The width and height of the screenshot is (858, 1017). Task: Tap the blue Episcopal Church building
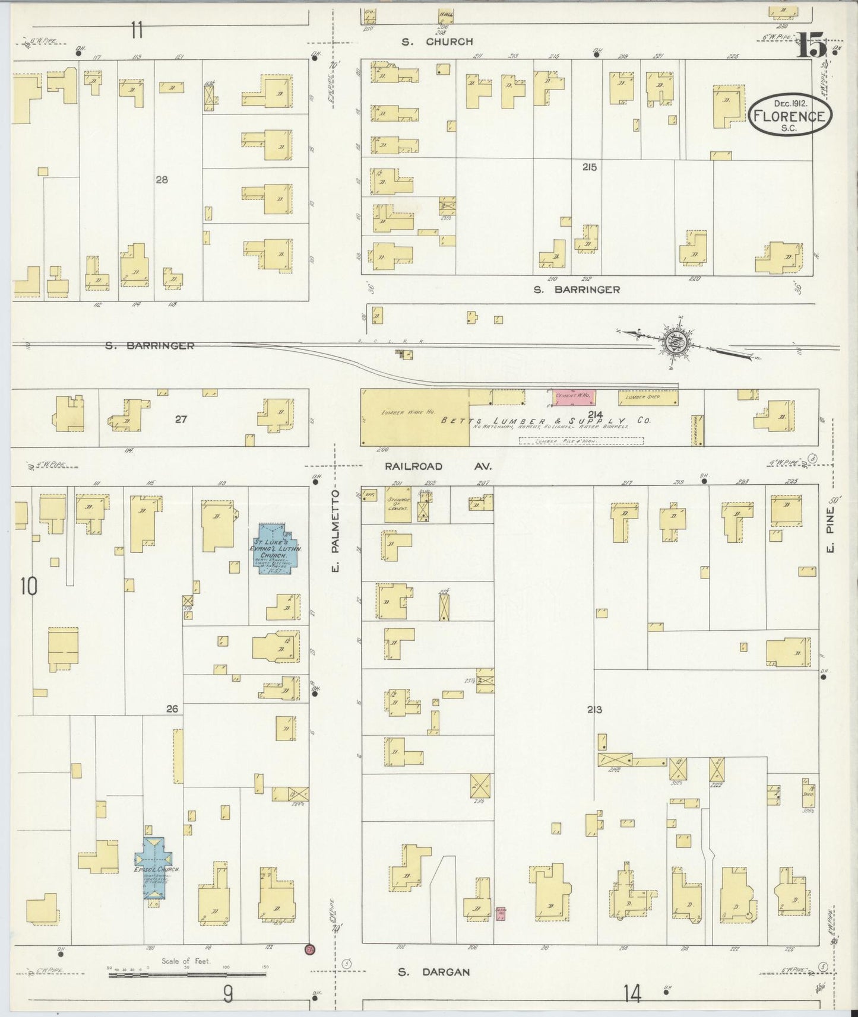coord(153,866)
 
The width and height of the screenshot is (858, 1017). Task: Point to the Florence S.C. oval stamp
coord(790,115)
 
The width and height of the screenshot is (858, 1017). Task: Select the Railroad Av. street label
coord(438,466)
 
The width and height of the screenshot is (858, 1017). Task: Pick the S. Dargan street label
coord(434,972)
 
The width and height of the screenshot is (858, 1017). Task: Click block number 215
coord(589,168)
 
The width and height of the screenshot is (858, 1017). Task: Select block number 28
coord(162,179)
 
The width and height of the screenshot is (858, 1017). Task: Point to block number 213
coord(594,710)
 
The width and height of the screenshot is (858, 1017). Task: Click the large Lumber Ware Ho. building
coord(414,417)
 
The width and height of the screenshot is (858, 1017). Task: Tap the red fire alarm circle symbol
coord(309,949)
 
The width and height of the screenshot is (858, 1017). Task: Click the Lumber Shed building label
coord(648,398)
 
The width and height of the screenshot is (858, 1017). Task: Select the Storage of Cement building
coord(398,504)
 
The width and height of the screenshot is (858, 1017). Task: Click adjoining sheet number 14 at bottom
coord(633,993)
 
